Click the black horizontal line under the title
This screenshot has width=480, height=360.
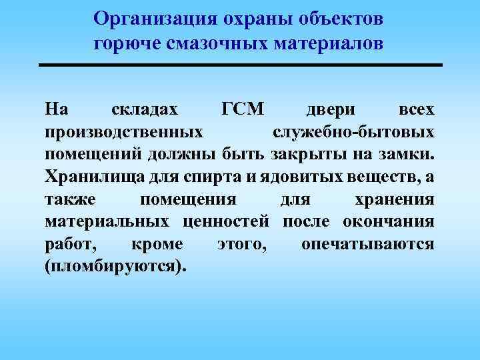[x=241, y=65]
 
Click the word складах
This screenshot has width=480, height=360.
[x=145, y=108]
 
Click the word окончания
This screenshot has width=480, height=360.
[x=389, y=222]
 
